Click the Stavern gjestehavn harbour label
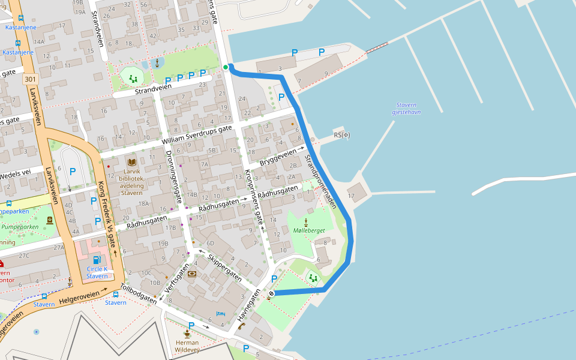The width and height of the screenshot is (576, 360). pyautogui.click(x=406, y=108)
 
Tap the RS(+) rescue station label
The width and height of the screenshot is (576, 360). pyautogui.click(x=341, y=135)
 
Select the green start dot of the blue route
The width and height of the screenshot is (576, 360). pyautogui.click(x=226, y=67)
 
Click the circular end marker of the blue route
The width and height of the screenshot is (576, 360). pyautogui.click(x=271, y=293)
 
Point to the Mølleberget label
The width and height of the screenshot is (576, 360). pyautogui.click(x=309, y=230)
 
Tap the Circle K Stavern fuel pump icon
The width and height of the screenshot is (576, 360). pyautogui.click(x=97, y=259)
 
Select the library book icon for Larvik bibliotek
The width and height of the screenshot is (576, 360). pyautogui.click(x=131, y=162)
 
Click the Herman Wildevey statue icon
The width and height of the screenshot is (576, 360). pyautogui.click(x=187, y=333)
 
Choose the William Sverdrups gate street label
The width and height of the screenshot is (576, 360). pyautogui.click(x=197, y=135)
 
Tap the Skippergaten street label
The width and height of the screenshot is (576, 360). pyautogui.click(x=224, y=268)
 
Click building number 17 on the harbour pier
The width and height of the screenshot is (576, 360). pyautogui.click(x=351, y=196)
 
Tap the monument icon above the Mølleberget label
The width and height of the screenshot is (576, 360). pyautogui.click(x=305, y=222)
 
